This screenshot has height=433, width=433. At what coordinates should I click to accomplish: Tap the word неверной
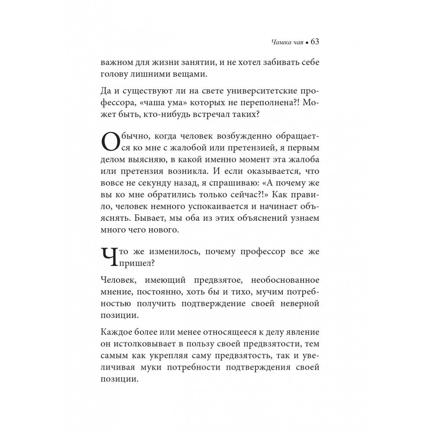click(x=304, y=305)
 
